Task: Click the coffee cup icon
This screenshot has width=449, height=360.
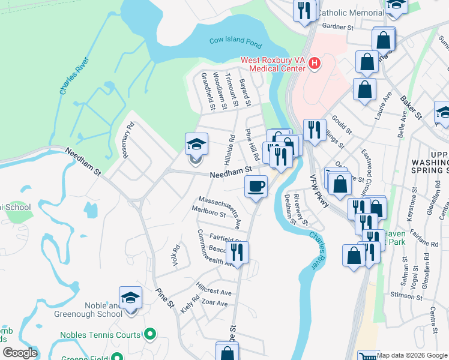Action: pyautogui.click(x=256, y=187)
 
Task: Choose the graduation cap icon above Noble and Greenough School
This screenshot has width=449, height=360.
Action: pyautogui.click(x=130, y=298)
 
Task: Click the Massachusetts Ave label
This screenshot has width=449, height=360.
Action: pyautogui.click(x=220, y=206)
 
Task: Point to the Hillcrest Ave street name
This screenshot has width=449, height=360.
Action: pyautogui.click(x=214, y=287)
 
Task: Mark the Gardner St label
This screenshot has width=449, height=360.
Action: pyautogui.click(x=338, y=27)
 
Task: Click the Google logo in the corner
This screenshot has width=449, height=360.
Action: pyautogui.click(x=20, y=353)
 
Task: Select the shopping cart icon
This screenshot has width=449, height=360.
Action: pyautogui.click(x=368, y=356)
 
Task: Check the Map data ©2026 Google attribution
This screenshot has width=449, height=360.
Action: pyautogui.click(x=412, y=355)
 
